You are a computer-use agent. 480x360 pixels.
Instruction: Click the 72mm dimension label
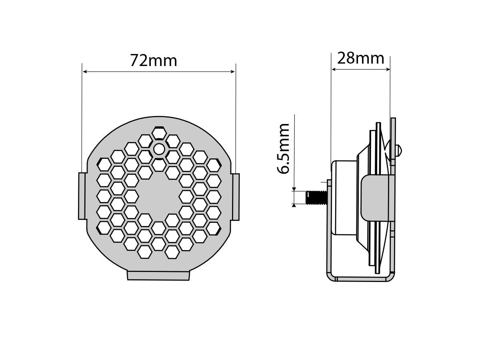coord(154,60)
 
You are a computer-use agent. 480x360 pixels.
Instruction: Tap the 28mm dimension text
coord(360,58)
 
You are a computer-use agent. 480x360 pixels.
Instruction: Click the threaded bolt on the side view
coord(316,198)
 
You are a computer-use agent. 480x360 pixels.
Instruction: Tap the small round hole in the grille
coord(159,149)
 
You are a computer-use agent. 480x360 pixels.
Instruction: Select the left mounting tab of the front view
coord(82,196)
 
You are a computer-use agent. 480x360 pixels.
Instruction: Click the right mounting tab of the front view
coord(236,196)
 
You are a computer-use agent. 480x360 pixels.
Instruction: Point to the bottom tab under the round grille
coord(158,275)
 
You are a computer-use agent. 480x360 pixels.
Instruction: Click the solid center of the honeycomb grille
coord(159,196)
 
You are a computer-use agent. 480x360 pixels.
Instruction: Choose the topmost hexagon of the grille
coord(159,133)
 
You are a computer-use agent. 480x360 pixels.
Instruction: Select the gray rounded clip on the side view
coord(375,198)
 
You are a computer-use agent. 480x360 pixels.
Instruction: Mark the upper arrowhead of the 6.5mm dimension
coord(294,189)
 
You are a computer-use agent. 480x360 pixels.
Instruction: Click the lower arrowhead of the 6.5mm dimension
coord(294,205)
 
